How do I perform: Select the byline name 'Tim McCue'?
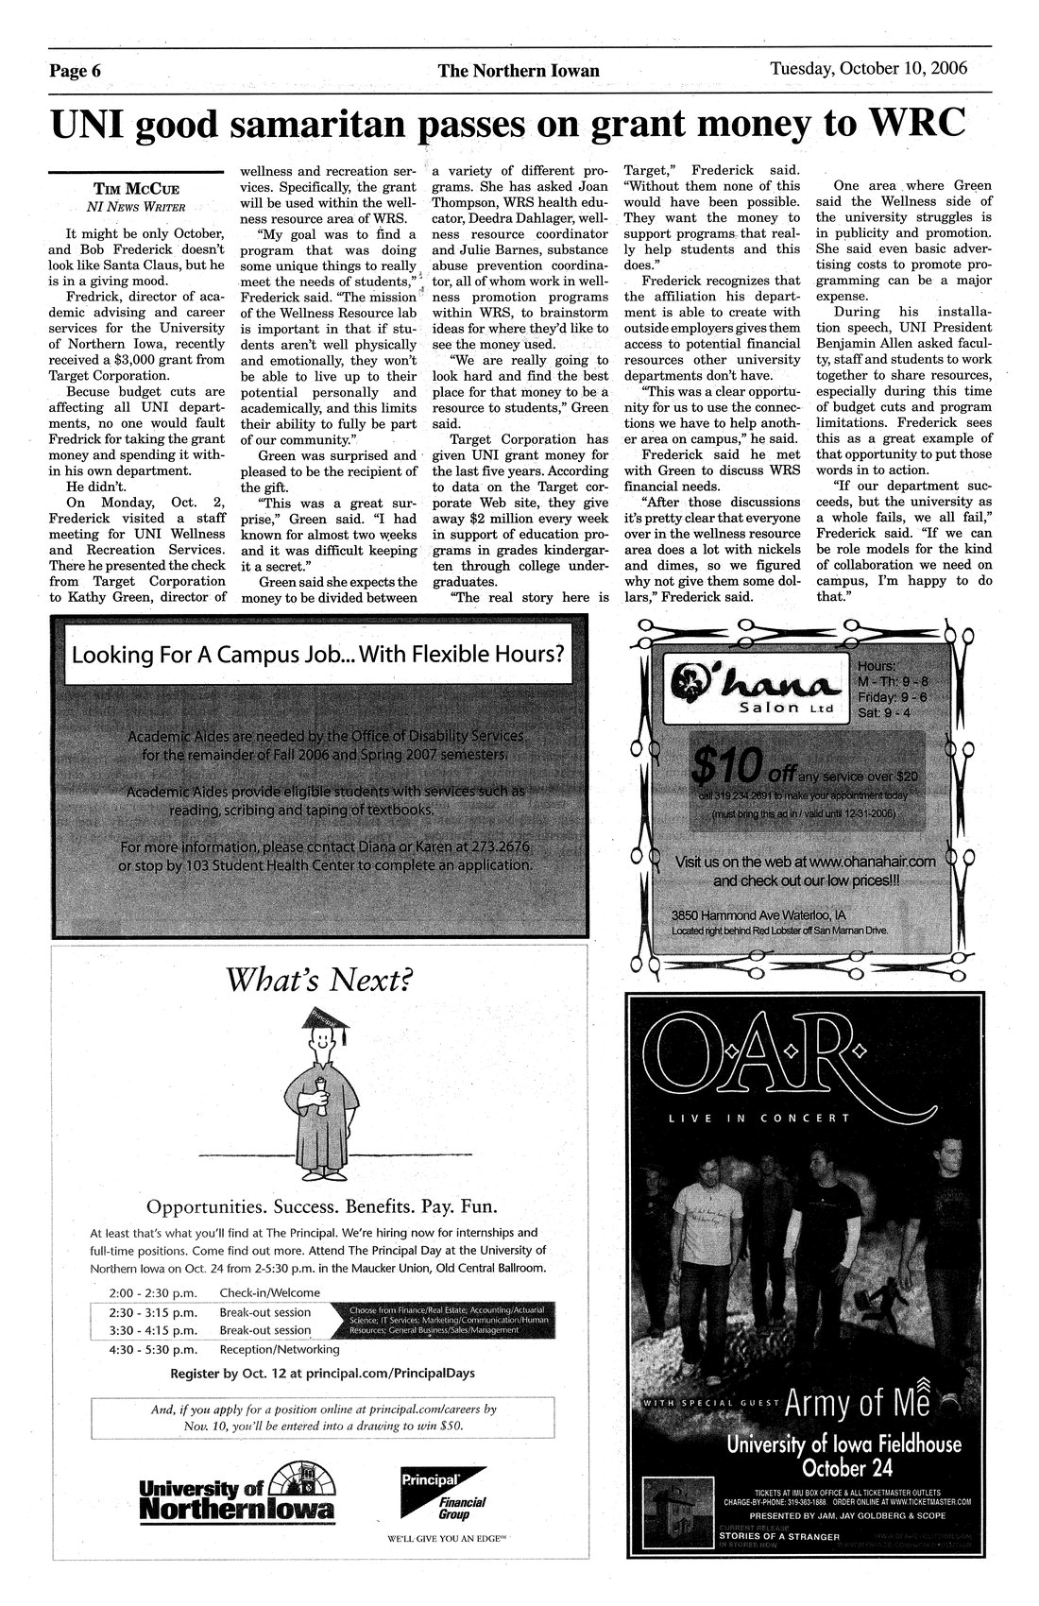click(x=136, y=188)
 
